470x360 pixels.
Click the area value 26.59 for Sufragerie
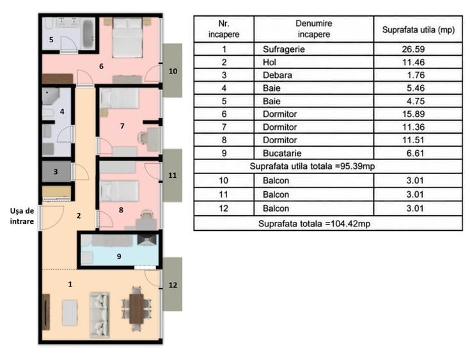[413, 49]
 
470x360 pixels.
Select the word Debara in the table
[278, 75]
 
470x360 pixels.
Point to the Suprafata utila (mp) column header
[418, 29]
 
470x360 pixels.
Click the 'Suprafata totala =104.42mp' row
[314, 224]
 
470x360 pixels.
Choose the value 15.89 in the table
[413, 114]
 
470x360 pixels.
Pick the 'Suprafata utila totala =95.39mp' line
[312, 166]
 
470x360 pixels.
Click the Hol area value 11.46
[413, 62]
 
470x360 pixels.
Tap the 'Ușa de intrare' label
[22, 216]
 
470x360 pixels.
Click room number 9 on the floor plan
[119, 256]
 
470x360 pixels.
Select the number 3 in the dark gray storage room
[56, 172]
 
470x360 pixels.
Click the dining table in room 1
[136, 309]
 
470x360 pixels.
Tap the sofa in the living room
[99, 315]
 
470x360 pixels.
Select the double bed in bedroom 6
[127, 37]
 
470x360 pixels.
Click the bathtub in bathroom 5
[88, 34]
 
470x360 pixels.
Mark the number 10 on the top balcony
[173, 71]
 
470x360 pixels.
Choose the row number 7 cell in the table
[224, 127]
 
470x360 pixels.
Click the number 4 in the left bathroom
[62, 111]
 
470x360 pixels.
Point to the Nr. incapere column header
[224, 29]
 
